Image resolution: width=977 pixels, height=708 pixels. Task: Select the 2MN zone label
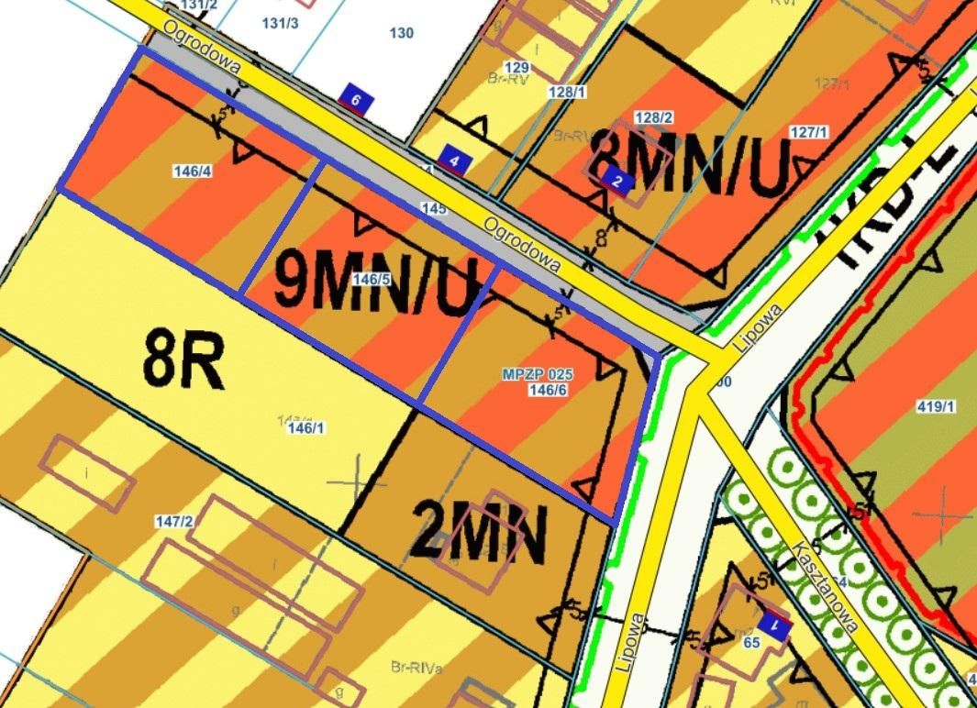(x=478, y=532)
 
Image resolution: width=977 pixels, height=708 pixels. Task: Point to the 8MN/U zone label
(x=691, y=163)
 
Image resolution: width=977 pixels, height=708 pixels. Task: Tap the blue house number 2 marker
(x=617, y=182)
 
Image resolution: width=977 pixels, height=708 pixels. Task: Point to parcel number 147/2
(x=174, y=522)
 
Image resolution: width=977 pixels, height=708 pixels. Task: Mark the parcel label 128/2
(x=654, y=117)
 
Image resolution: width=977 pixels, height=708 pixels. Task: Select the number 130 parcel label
(x=401, y=33)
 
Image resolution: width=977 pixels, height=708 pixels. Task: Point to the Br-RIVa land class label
(x=416, y=668)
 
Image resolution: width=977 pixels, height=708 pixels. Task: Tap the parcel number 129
(x=517, y=68)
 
